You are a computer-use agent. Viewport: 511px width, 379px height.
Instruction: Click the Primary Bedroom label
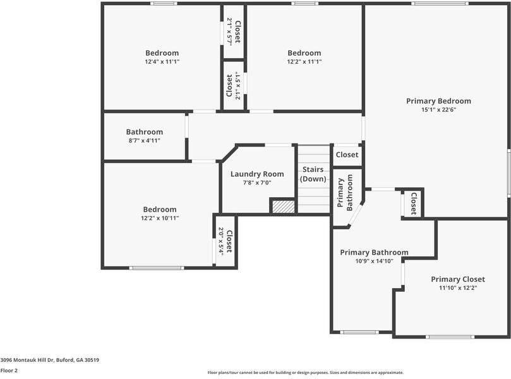click(x=438, y=101)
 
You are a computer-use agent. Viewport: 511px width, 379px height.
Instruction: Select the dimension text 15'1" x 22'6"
click(x=438, y=110)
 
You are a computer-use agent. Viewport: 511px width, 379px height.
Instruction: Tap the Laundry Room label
click(x=257, y=174)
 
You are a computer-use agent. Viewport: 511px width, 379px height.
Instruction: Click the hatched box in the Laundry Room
click(x=283, y=206)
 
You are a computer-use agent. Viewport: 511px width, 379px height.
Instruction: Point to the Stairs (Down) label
click(x=313, y=174)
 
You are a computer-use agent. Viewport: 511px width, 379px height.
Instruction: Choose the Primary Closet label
click(x=458, y=279)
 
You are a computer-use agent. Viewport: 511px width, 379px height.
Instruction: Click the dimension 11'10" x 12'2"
click(x=458, y=288)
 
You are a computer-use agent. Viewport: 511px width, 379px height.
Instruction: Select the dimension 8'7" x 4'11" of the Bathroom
click(x=144, y=140)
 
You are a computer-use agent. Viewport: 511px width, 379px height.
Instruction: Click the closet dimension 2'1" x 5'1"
click(x=237, y=87)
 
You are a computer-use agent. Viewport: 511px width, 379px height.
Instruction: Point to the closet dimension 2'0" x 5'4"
click(x=221, y=241)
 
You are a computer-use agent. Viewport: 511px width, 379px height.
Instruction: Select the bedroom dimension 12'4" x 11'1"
click(x=162, y=62)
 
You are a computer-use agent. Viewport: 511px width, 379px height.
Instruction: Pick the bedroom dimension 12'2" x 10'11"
click(x=160, y=218)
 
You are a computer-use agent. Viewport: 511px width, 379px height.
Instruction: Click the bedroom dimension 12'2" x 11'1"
click(x=304, y=62)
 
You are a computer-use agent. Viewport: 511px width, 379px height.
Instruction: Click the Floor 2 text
click(x=9, y=371)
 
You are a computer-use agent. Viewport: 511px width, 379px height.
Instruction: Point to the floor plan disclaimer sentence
click(x=305, y=373)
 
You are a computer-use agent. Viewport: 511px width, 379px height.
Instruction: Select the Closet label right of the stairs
click(x=347, y=155)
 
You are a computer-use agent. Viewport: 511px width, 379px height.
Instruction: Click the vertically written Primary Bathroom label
click(x=346, y=193)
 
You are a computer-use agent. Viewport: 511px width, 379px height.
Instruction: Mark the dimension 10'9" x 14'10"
click(x=374, y=261)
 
